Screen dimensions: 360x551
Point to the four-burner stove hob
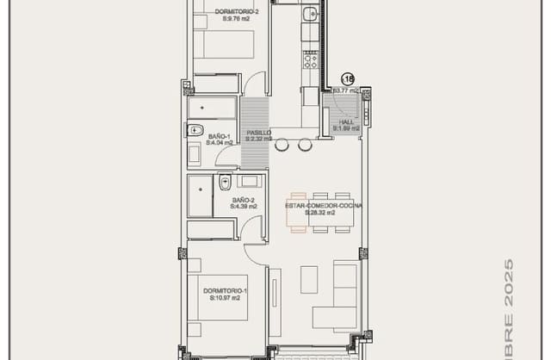(310, 59)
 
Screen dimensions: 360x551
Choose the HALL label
(346, 122)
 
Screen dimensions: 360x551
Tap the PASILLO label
(258, 133)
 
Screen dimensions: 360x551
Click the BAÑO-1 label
(220, 136)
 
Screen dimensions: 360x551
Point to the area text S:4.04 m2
(220, 143)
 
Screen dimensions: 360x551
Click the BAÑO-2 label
(242, 200)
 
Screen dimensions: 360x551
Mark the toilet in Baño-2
(225, 181)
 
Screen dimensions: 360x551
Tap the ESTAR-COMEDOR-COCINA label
(324, 207)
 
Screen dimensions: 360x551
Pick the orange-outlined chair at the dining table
(299, 197)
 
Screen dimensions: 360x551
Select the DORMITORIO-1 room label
(226, 291)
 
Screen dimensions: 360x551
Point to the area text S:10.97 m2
(226, 299)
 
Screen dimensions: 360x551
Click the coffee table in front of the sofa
(308, 277)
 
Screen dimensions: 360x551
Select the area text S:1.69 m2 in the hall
(346, 129)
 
